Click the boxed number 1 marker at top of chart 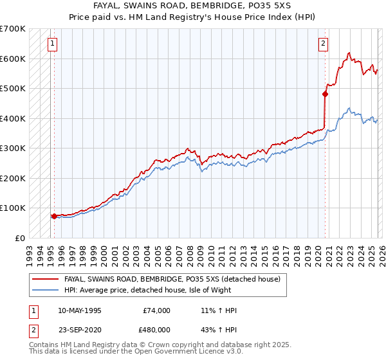click(51, 44)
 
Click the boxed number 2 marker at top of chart click(322, 44)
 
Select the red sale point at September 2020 click(325, 94)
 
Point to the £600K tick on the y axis click(14, 59)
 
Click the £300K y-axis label click(14, 148)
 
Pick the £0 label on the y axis click(20, 238)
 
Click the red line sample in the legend click(45, 280)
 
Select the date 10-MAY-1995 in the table click(79, 310)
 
